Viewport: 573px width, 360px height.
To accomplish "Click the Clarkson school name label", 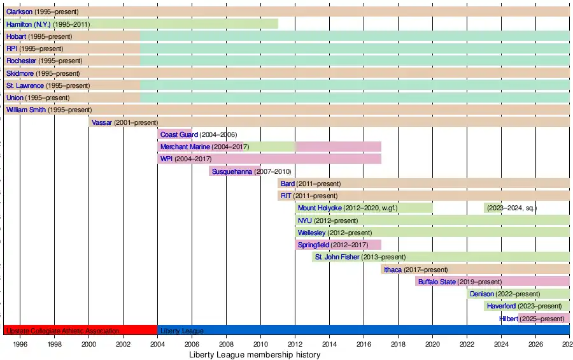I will (x=19, y=11).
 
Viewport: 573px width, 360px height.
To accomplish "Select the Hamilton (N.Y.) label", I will (x=29, y=24).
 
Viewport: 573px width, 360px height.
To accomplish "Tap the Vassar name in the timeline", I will (x=102, y=122).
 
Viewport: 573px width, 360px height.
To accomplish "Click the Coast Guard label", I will (x=179, y=134).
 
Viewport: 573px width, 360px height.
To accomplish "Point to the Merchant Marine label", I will (x=185, y=147).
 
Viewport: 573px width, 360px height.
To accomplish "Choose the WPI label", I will (x=166, y=159).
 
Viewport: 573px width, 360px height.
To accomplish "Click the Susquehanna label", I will (x=232, y=171).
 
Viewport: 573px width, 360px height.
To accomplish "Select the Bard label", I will (x=288, y=184).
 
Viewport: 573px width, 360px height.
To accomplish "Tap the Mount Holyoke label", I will (x=320, y=208).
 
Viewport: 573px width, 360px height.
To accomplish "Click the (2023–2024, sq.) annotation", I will (x=512, y=208).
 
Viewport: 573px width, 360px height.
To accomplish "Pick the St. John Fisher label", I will (x=337, y=257).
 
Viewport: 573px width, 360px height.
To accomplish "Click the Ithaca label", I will (x=393, y=270).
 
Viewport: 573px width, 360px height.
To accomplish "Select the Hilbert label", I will (x=509, y=319).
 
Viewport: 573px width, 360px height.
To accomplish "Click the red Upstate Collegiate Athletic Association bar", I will (x=80, y=331).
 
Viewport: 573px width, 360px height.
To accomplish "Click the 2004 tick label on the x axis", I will (x=157, y=344).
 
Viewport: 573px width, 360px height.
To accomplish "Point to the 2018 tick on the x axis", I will (x=398, y=344).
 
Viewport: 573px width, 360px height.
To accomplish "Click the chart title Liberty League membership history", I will (x=255, y=354).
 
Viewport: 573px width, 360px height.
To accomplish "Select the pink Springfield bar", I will (x=369, y=245).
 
